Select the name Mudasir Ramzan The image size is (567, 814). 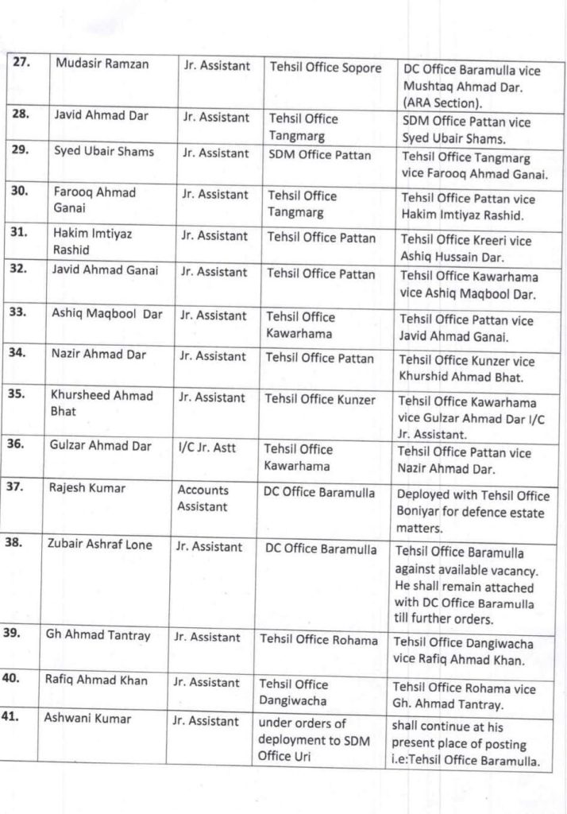[102, 64]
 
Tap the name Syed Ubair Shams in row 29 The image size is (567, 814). [104, 152]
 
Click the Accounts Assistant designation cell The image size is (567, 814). [202, 498]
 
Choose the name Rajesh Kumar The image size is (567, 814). [88, 488]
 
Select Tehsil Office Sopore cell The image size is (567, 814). [326, 68]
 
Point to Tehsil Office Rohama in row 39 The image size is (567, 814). [318, 639]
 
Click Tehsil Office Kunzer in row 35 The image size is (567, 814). [320, 398]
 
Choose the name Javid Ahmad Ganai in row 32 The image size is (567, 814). [105, 270]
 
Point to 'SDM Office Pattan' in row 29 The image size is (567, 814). [319, 155]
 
